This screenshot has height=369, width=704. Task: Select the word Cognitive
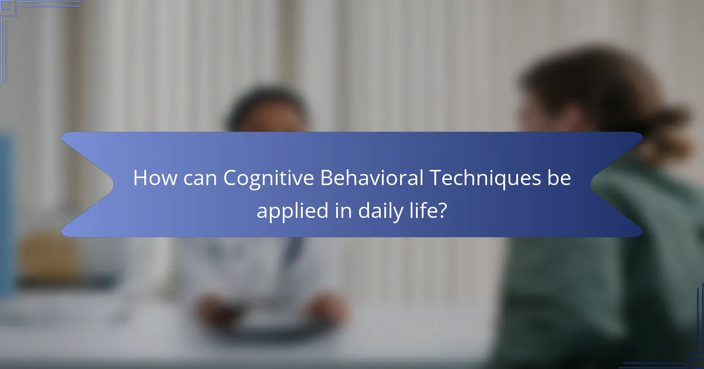pyautogui.click(x=268, y=178)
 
